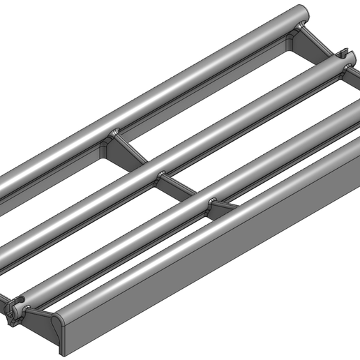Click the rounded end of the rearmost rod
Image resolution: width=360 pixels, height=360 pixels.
(x=301, y=13)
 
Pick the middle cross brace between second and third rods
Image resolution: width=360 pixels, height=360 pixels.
(x=177, y=185)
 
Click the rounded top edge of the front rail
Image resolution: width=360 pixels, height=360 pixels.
(x=209, y=230)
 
